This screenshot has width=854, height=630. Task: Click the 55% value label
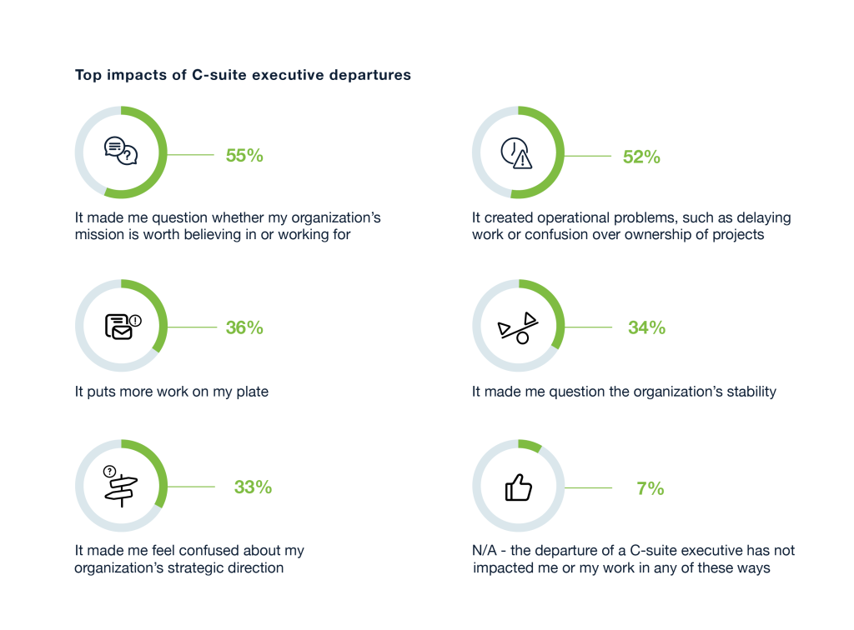coord(244,155)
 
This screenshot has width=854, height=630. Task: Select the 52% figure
coord(641,156)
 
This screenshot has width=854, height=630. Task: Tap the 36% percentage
coord(244,327)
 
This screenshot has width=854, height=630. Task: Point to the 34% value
coord(646,327)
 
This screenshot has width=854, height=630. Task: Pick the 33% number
coord(253,487)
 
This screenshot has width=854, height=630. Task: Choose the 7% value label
coord(650,488)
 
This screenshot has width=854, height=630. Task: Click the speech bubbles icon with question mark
coord(121,152)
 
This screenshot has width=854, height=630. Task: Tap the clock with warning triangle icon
coord(517,153)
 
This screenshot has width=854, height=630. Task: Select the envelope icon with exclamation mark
coord(122,326)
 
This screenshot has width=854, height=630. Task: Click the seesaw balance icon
coord(518,327)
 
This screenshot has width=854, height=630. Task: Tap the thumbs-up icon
coord(518,487)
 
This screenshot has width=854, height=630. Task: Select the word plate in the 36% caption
coord(250,391)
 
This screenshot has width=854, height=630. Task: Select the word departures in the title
coord(372,75)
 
